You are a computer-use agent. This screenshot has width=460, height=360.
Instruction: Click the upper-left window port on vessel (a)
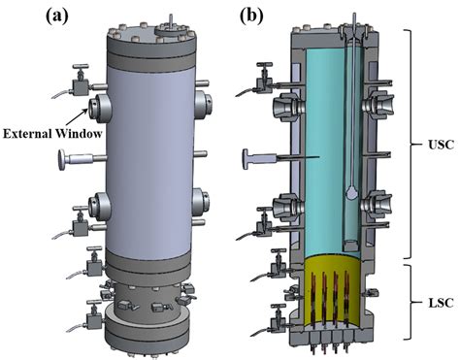[x=100, y=105]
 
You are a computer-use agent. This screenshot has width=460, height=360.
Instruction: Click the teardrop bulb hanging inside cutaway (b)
[x=350, y=194]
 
